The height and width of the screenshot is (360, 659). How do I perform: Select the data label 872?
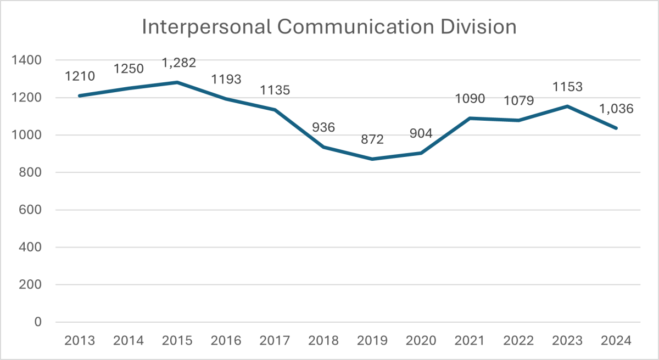[x=372, y=139]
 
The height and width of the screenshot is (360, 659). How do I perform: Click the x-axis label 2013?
[x=80, y=340]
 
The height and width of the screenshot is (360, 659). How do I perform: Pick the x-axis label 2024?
[x=616, y=340]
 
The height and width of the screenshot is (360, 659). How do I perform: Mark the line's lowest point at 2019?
[x=372, y=159]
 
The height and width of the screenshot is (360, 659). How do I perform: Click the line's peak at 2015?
[x=177, y=82]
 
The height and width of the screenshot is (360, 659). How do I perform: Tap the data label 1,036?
[x=616, y=109]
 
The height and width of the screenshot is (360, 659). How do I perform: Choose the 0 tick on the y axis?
[x=38, y=322]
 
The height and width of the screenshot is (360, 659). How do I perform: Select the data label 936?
[x=323, y=128]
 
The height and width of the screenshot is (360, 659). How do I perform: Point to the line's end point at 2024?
[x=616, y=128]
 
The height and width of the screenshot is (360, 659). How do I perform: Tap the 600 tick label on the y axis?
[x=31, y=210]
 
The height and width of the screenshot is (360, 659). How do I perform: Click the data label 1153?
[x=567, y=87]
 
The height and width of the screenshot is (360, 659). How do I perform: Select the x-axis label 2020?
[x=421, y=340]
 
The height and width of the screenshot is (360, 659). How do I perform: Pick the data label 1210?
[x=80, y=77]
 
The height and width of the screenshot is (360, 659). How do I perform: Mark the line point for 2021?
[x=470, y=118]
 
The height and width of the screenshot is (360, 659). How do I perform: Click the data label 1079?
[x=518, y=101]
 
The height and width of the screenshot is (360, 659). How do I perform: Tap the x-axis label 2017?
[x=275, y=340]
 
